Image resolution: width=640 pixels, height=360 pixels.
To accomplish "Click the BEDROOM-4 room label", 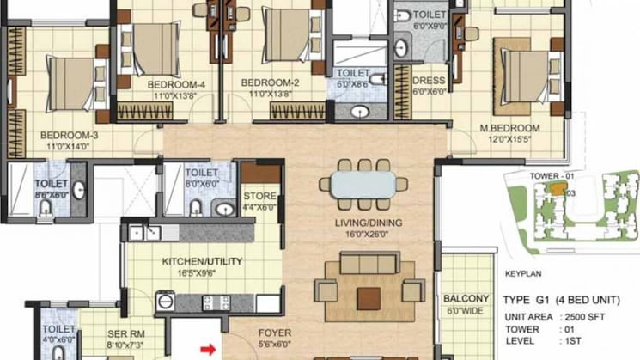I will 176,84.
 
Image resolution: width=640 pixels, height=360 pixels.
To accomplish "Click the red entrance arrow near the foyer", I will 207,349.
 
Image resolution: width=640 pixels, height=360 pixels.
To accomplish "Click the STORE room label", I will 259,196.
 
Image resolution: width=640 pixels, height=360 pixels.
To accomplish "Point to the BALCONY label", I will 467,298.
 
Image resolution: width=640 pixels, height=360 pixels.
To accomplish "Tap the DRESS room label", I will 427,82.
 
